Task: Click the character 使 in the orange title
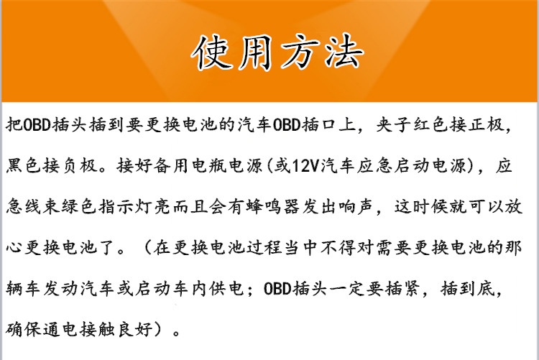click(x=211, y=52)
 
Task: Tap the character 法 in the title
click(x=344, y=52)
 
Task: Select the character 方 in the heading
click(x=300, y=52)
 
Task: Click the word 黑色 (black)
click(x=24, y=166)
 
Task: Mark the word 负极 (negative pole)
click(x=79, y=166)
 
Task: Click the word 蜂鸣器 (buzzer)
click(x=273, y=207)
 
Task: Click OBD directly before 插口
click(x=286, y=125)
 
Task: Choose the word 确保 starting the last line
click(x=24, y=329)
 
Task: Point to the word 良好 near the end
click(x=135, y=329)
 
